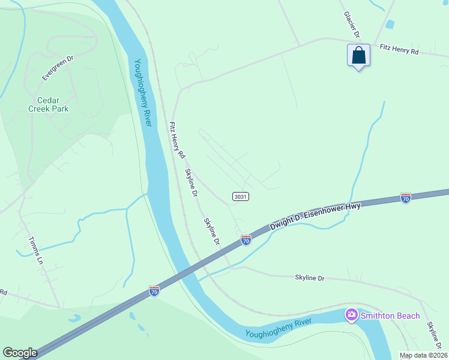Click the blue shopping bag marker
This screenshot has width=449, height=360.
point(358,56)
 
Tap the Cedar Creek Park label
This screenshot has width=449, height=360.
point(49,104)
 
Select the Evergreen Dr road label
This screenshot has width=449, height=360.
point(57,68)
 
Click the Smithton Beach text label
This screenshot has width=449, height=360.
point(388,314)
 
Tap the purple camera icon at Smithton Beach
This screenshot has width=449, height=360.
point(351,314)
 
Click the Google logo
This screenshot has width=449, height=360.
point(20,353)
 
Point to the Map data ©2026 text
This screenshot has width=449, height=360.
point(423,355)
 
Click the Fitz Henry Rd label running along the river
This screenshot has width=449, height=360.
point(177,140)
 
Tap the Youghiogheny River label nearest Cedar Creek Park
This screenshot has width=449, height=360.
point(142,92)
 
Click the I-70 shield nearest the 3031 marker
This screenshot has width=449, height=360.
point(246,240)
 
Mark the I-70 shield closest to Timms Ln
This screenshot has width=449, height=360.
point(154,291)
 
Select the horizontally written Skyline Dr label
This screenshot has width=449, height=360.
point(309,278)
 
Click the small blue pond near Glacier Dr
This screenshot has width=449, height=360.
point(391,25)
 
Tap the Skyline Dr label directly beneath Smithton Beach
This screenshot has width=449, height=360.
point(433,336)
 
